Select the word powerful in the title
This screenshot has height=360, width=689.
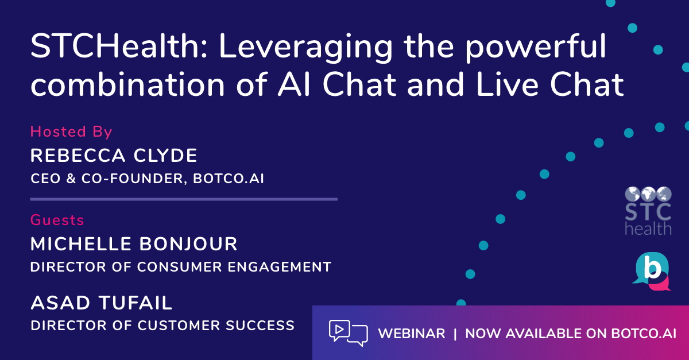tap(536, 48)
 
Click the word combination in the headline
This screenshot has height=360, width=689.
tap(127, 84)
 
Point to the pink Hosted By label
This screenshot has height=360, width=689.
tap(71, 131)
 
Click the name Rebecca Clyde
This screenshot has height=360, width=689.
tap(114, 156)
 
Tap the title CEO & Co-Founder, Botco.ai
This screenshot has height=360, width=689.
tap(147, 179)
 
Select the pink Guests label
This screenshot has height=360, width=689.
tap(57, 220)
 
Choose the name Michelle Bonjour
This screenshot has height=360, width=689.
tap(134, 244)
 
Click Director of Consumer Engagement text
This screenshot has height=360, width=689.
tap(181, 267)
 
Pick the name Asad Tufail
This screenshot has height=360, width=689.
tap(101, 303)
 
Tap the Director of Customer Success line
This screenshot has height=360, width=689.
tap(162, 326)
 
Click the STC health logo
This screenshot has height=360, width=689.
tap(648, 211)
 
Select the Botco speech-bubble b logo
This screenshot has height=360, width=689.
tap(652, 271)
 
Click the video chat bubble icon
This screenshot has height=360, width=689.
tap(348, 333)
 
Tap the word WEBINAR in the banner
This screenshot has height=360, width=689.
tap(412, 334)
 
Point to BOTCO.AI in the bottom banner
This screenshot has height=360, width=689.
tap(644, 334)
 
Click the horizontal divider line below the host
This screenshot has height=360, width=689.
tap(184, 199)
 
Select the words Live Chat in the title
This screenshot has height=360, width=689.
tap(549, 84)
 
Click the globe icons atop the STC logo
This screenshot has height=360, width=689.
tap(648, 194)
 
